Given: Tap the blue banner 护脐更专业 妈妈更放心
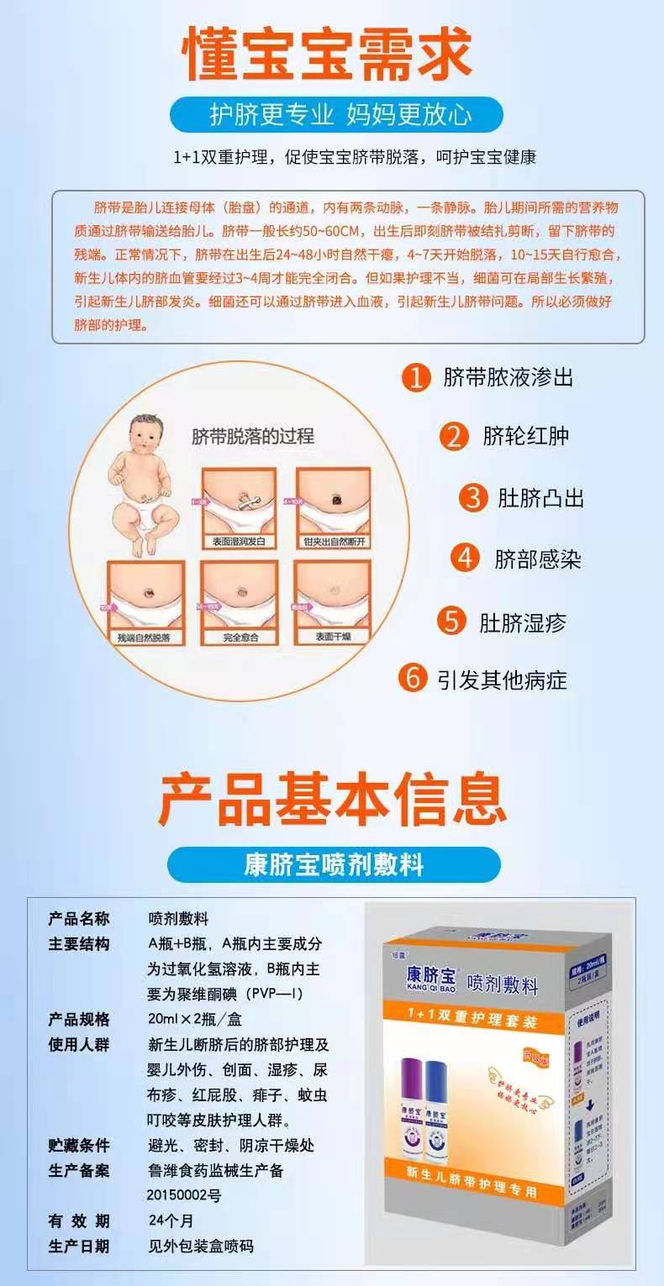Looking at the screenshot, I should click(335, 115).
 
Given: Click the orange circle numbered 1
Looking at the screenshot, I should click(415, 377).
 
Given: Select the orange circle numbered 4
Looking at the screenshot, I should click(464, 559).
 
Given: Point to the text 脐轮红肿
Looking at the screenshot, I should click(525, 436).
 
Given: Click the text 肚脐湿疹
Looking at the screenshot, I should click(523, 622).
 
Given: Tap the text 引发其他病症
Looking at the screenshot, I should click(502, 679).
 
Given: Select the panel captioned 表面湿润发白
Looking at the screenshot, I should click(239, 507).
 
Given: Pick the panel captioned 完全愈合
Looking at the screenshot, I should click(240, 601).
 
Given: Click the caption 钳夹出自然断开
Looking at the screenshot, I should click(334, 543).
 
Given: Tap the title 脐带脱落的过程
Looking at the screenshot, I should click(253, 436).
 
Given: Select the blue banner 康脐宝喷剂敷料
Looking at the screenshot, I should click(334, 865).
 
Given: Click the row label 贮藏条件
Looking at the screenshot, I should click(78, 1145).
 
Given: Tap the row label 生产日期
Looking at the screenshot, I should click(78, 1246).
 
